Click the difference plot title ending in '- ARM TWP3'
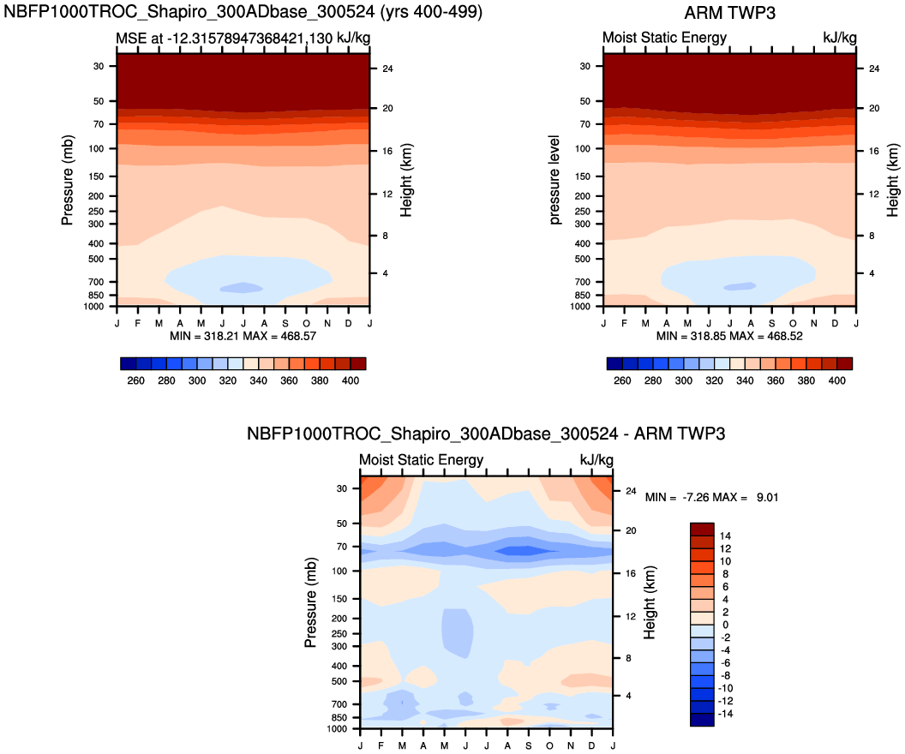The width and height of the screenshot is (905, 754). (486, 434)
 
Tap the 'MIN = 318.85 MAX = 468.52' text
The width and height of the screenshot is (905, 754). (729, 337)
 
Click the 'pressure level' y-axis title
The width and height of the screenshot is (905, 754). (555, 180)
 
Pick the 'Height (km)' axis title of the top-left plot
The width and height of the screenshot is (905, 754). (406, 180)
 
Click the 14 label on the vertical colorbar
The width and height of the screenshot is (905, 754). (725, 536)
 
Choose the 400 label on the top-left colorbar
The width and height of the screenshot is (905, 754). (348, 381)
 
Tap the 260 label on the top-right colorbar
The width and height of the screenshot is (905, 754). (622, 381)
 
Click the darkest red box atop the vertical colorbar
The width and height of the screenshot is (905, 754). (701, 529)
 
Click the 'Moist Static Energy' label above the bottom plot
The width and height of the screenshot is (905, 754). (421, 460)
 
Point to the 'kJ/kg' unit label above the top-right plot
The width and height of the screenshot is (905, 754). (839, 38)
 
